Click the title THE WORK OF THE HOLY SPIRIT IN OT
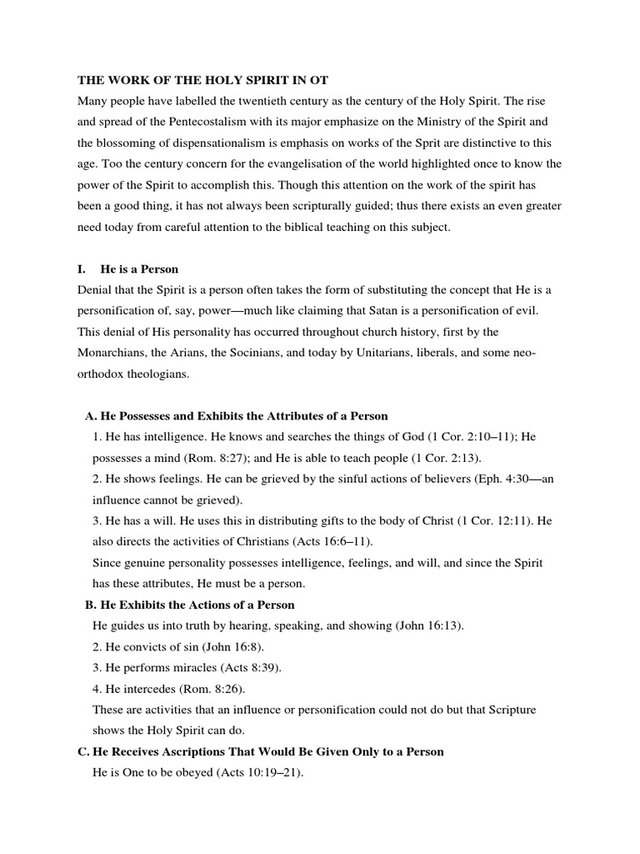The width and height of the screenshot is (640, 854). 202,80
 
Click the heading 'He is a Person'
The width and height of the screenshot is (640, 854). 139,269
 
